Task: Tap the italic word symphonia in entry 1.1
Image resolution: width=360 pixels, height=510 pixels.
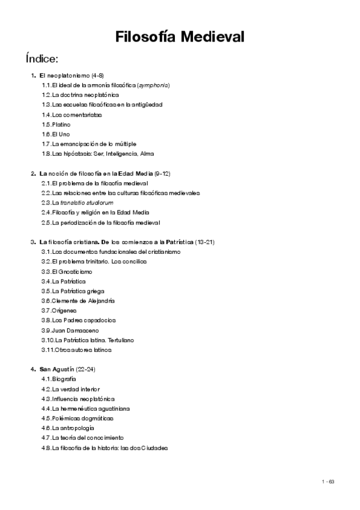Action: tap(153, 85)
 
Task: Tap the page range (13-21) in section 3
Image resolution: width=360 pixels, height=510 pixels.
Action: tap(205, 242)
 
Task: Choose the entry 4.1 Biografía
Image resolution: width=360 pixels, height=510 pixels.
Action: tap(59, 379)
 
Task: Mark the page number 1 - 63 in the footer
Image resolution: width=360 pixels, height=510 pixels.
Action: tap(328, 481)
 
